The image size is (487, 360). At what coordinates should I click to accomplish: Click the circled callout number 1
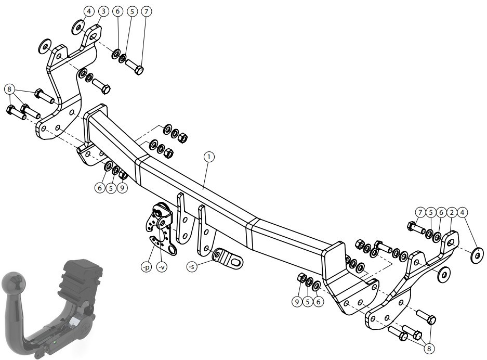pos(209,157)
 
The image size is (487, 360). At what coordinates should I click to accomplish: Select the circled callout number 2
pos(452,213)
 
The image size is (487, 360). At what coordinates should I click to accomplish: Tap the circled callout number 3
pos(103,11)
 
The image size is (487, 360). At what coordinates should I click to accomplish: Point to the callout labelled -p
pos(146,267)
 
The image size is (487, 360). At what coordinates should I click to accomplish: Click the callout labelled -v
pos(162,267)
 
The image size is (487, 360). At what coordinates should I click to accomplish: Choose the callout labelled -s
pos(192,267)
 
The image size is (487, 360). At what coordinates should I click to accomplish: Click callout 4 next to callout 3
pos(89,11)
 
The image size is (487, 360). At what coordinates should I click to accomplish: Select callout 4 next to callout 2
pos(463,213)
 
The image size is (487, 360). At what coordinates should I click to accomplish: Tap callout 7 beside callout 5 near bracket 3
pos(146,11)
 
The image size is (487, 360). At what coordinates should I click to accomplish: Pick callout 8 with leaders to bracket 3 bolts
pos(10,89)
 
